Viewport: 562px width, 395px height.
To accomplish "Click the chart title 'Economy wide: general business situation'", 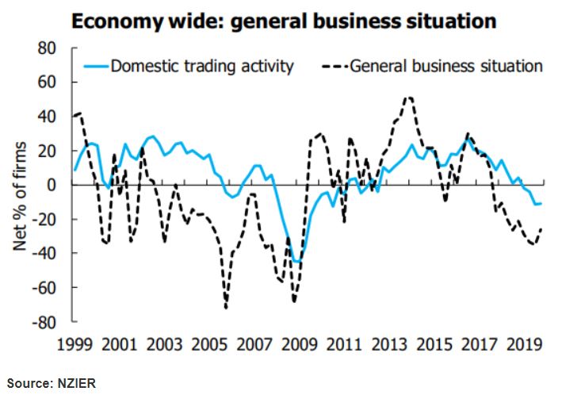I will pyautogui.click(x=284, y=21).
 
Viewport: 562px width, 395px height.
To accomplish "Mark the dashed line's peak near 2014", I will pyautogui.click(x=408, y=98).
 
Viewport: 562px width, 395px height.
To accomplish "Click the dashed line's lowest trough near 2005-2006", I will pyautogui.click(x=226, y=307).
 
